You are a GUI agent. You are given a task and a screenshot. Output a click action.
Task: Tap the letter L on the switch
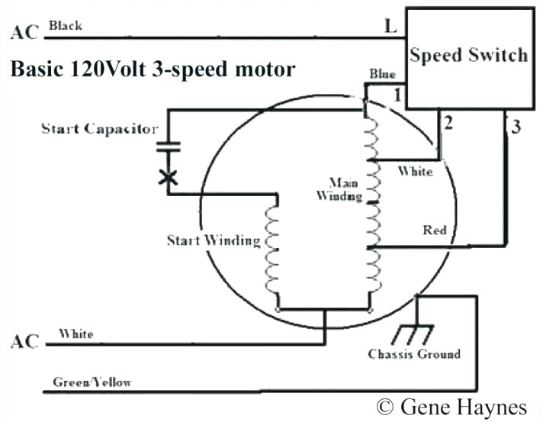point(390,27)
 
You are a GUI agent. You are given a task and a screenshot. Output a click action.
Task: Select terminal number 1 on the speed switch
point(397,96)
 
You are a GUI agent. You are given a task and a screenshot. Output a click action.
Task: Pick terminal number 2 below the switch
point(448,123)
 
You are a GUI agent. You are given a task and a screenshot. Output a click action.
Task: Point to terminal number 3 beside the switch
point(516,127)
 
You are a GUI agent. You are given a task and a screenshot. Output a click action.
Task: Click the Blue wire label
point(382,74)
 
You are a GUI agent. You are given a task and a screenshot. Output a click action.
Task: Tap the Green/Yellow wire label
point(92,382)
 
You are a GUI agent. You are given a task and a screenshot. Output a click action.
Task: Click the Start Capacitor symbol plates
point(168,149)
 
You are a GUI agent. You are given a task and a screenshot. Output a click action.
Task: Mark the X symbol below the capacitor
point(168,177)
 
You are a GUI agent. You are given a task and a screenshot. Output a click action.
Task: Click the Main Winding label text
point(344,189)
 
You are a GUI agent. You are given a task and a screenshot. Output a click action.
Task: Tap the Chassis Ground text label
point(414,354)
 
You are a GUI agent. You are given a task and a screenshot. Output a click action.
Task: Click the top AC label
point(22,32)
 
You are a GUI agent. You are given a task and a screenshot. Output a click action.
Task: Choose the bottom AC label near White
point(22,341)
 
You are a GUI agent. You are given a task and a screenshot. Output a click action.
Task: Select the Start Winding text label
point(214,240)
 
